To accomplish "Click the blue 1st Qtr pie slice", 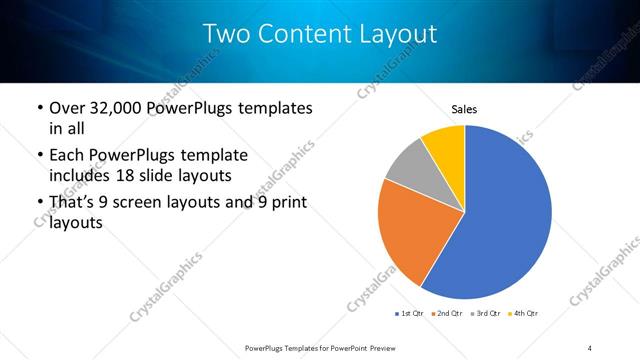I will pyautogui.click(x=505, y=220).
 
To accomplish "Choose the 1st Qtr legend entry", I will pyautogui.click(x=411, y=314).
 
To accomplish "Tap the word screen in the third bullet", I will pyautogui.click(x=145, y=204).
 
